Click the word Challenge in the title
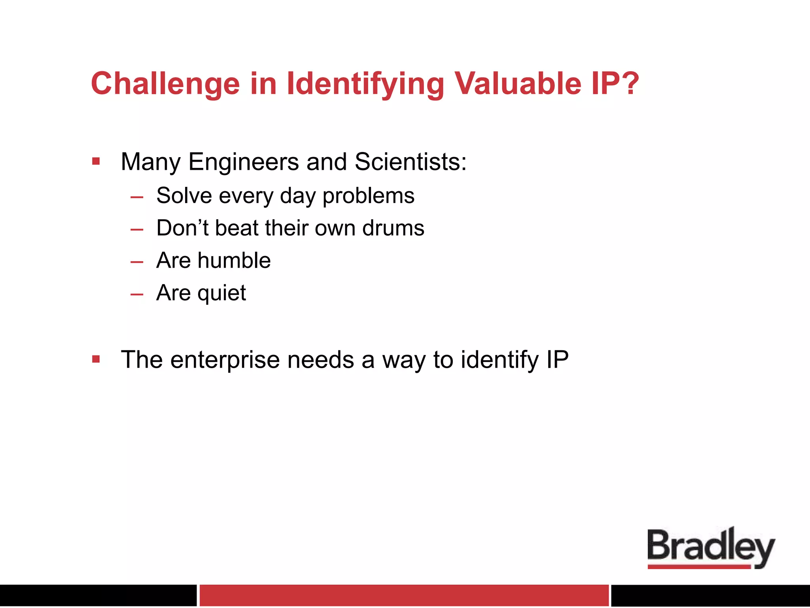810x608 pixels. point(165,84)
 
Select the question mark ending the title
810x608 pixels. point(629,84)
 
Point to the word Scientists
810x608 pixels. point(410,162)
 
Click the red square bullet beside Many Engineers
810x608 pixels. point(96,161)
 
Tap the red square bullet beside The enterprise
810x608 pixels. point(96,359)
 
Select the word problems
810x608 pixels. point(368,196)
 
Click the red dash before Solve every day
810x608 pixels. point(137,197)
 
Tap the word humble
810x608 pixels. point(234,260)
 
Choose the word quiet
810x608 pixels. point(221,294)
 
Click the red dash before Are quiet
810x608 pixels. point(137,294)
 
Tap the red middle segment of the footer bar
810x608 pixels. point(403,595)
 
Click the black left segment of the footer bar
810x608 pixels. point(98,595)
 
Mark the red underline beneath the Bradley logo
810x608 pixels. point(699,567)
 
